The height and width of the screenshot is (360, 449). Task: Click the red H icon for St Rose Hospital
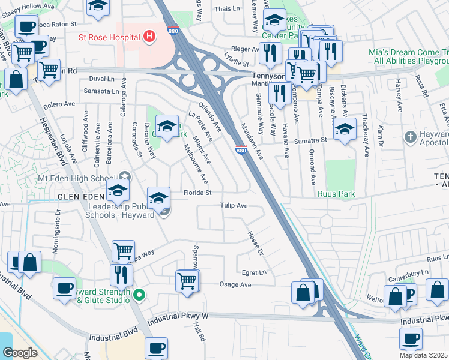tap(149, 37)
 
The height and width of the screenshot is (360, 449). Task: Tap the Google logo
tap(20, 353)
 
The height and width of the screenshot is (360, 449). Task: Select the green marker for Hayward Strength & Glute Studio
tap(140, 295)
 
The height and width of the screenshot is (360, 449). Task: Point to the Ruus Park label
tap(337, 194)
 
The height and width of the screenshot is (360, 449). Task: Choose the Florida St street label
tap(197, 193)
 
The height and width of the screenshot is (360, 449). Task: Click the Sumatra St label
tap(310, 140)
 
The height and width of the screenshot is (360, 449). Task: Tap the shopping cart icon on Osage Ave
tap(187, 280)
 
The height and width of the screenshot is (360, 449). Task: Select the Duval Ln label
tap(101, 79)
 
